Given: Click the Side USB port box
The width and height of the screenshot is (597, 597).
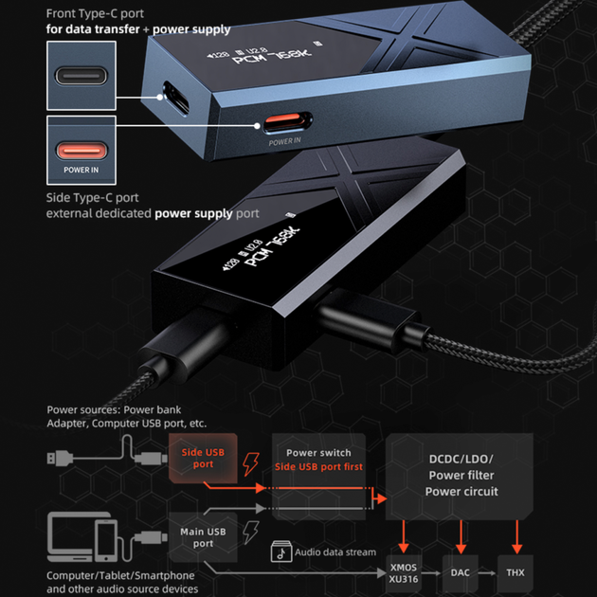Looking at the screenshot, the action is [203, 458].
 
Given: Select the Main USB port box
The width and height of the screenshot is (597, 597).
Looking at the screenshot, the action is [203, 537].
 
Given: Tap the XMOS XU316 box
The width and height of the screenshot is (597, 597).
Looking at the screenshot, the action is [404, 573].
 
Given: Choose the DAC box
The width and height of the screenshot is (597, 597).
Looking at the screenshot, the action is [460, 573].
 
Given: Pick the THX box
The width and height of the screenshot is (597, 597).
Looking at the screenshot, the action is [516, 573].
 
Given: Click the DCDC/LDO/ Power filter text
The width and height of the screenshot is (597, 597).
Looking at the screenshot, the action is [461, 467].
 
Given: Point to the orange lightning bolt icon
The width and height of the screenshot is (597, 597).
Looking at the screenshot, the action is [251, 464].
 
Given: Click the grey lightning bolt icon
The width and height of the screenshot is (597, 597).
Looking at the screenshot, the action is [251, 533].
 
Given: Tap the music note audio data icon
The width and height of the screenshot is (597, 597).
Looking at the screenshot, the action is [281, 552].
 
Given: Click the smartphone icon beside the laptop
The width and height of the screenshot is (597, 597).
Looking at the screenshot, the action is [106, 541].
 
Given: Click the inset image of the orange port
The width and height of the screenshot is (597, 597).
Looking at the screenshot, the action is [81, 151].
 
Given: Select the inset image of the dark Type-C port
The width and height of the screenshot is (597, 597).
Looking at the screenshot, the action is [81, 76].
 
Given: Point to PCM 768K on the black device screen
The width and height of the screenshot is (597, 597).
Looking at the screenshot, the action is [272, 246].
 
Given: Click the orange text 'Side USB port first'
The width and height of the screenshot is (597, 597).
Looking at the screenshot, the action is [318, 467].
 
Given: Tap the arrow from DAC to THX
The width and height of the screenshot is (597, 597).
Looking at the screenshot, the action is [488, 573].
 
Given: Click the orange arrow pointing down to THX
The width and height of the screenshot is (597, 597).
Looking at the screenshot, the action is [516, 537].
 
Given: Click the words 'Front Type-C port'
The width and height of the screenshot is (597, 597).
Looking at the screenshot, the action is [95, 13].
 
